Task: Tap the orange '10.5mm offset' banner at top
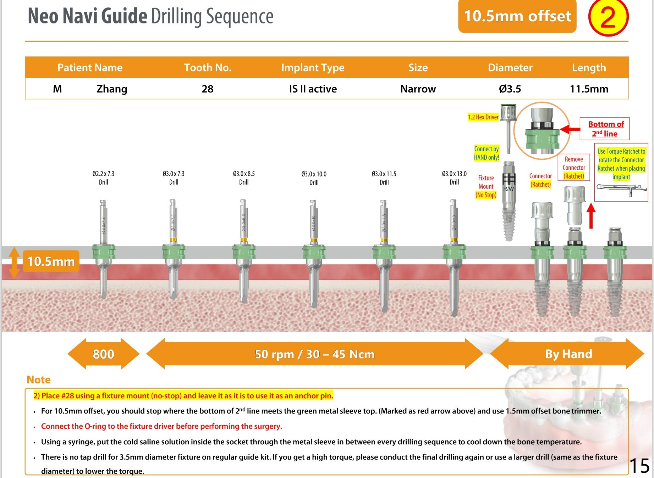point(517,16)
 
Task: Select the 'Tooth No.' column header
point(208,68)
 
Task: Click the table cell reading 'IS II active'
point(313,89)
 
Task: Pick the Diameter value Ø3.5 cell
point(510,89)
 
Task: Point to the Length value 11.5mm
point(589,89)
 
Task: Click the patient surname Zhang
point(112,89)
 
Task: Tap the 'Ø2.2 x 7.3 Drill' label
point(103,178)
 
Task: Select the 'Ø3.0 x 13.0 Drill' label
point(454,178)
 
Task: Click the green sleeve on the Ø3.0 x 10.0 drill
point(314,252)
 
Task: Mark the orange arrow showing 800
point(103,354)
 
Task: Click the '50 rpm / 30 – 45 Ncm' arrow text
point(314,354)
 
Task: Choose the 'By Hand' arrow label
point(568,354)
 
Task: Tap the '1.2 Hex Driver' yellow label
point(483,117)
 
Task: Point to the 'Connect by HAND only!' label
point(487,153)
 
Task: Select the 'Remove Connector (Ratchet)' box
point(573,168)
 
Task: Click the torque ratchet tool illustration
point(621,189)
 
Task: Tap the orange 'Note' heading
point(39,380)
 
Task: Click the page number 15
point(639,466)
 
